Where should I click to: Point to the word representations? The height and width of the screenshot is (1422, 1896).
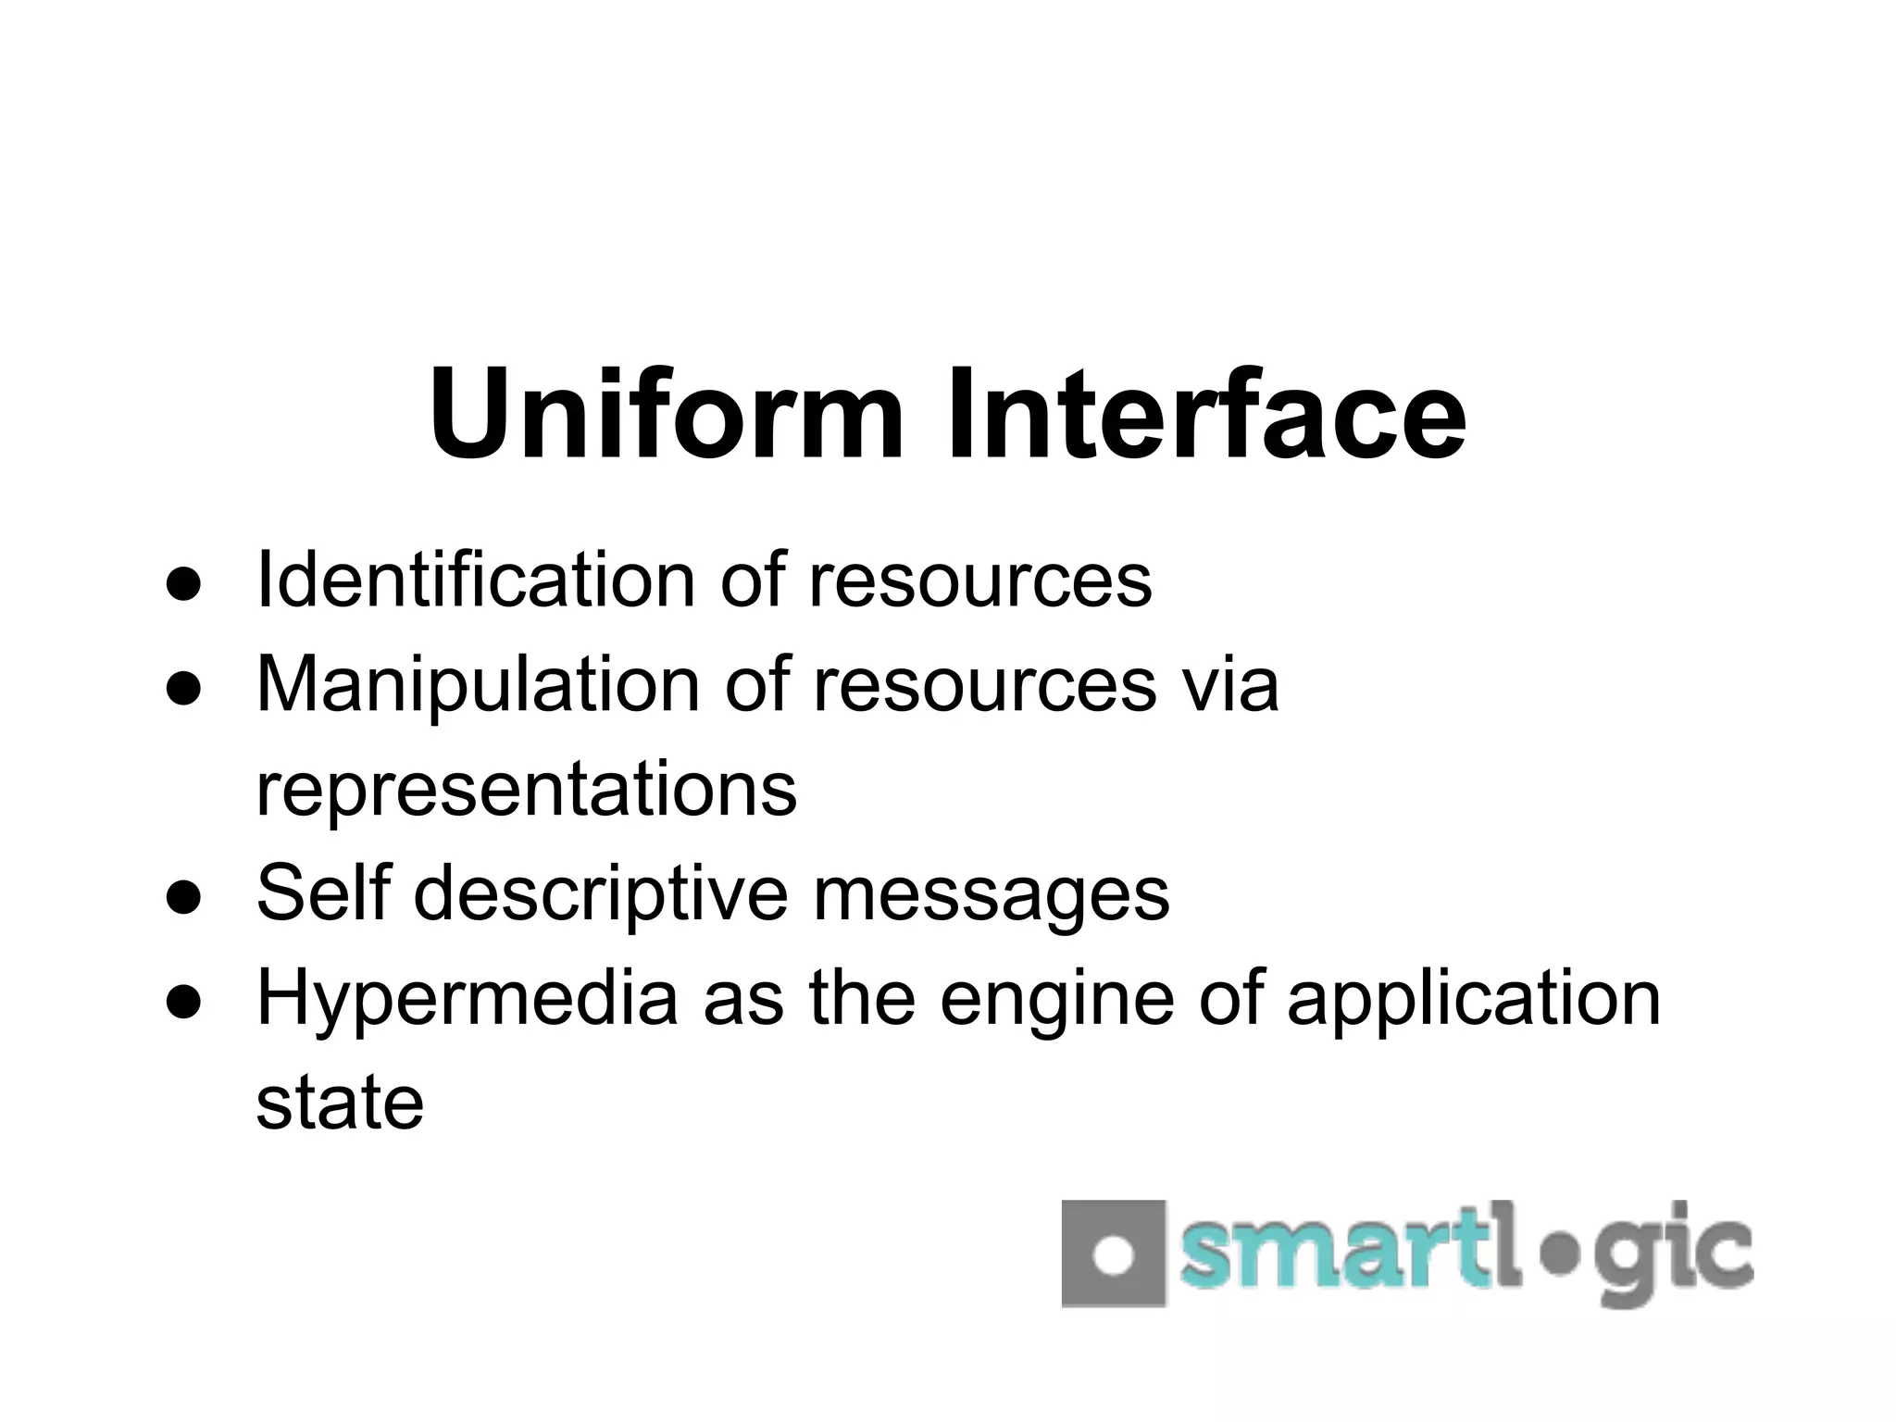(526, 790)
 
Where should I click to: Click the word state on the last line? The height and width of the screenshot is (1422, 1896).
(340, 1104)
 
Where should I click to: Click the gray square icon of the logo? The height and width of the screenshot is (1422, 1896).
(1113, 1254)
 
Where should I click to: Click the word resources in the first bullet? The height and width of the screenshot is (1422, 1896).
(980, 581)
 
